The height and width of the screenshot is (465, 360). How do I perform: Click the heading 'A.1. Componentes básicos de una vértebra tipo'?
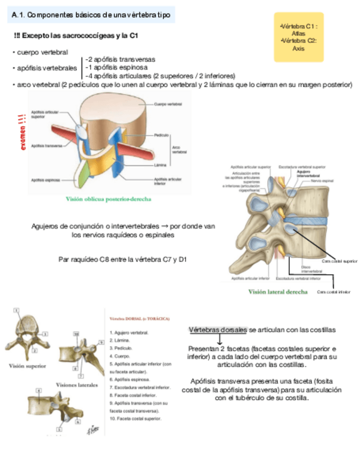tap(91, 15)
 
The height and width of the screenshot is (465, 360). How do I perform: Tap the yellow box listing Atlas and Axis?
tap(298, 37)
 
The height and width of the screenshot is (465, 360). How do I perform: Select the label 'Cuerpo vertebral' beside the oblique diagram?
tap(168, 104)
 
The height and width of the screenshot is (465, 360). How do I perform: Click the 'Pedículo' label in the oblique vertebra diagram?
tap(161, 135)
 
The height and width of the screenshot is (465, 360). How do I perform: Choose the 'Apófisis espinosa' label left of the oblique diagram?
tap(45, 179)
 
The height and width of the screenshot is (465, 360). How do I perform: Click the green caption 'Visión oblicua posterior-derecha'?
tap(109, 199)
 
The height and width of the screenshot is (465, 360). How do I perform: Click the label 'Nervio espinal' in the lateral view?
tap(322, 180)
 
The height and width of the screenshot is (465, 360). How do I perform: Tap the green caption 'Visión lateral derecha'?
tap(278, 292)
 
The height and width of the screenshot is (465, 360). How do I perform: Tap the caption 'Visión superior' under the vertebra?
tap(27, 365)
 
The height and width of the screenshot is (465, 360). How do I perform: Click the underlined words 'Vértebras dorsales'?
tap(218, 330)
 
